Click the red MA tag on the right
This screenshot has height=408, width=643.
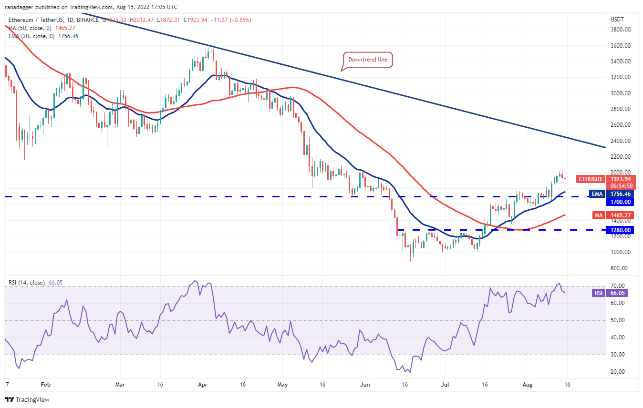tap(599, 215)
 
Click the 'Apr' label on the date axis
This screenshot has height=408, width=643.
tap(203, 384)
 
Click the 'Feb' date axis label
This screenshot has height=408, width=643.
tap(45, 384)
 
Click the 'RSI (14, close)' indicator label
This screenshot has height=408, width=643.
tap(27, 283)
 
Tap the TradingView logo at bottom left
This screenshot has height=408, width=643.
tap(27, 399)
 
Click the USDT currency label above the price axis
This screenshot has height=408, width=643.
tap(617, 20)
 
